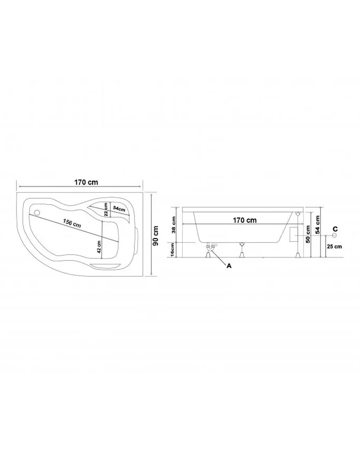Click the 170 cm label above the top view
pyautogui.click(x=86, y=182)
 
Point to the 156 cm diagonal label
pyautogui.click(x=72, y=223)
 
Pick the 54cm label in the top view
pyautogui.click(x=119, y=208)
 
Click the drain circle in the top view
pyautogui.click(x=38, y=213)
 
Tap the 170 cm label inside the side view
pyautogui.click(x=245, y=220)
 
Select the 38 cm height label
pyautogui.click(x=174, y=225)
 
